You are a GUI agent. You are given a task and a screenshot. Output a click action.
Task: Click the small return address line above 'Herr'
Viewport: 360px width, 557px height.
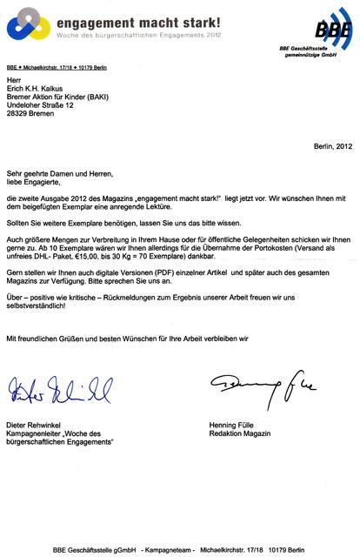(x=60, y=68)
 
